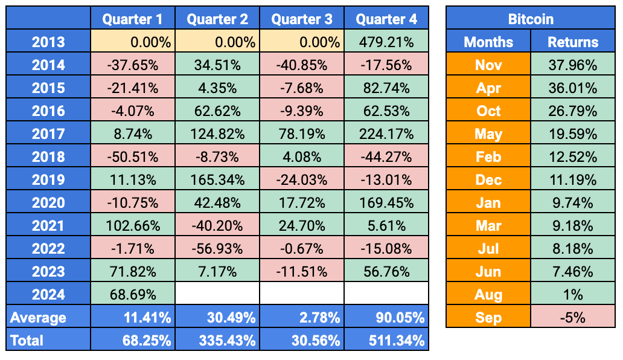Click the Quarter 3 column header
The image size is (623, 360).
click(x=302, y=19)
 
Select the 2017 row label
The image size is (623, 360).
click(x=48, y=134)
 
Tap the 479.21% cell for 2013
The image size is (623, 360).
click(x=386, y=42)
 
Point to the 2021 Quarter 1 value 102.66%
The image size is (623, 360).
click(x=133, y=226)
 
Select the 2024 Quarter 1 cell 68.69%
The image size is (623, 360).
click(x=133, y=295)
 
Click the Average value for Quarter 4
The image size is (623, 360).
click(x=386, y=318)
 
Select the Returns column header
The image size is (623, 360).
click(x=572, y=42)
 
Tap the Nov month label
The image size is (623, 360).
click(x=488, y=65)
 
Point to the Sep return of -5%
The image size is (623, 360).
click(x=572, y=318)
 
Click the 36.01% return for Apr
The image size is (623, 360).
click(x=572, y=88)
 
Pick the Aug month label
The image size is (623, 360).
click(x=488, y=295)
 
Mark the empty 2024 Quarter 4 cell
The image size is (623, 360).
click(x=386, y=295)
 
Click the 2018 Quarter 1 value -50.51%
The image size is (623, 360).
click(x=133, y=157)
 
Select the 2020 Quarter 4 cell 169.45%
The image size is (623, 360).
click(x=386, y=203)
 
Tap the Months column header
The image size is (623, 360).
click(x=488, y=42)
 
